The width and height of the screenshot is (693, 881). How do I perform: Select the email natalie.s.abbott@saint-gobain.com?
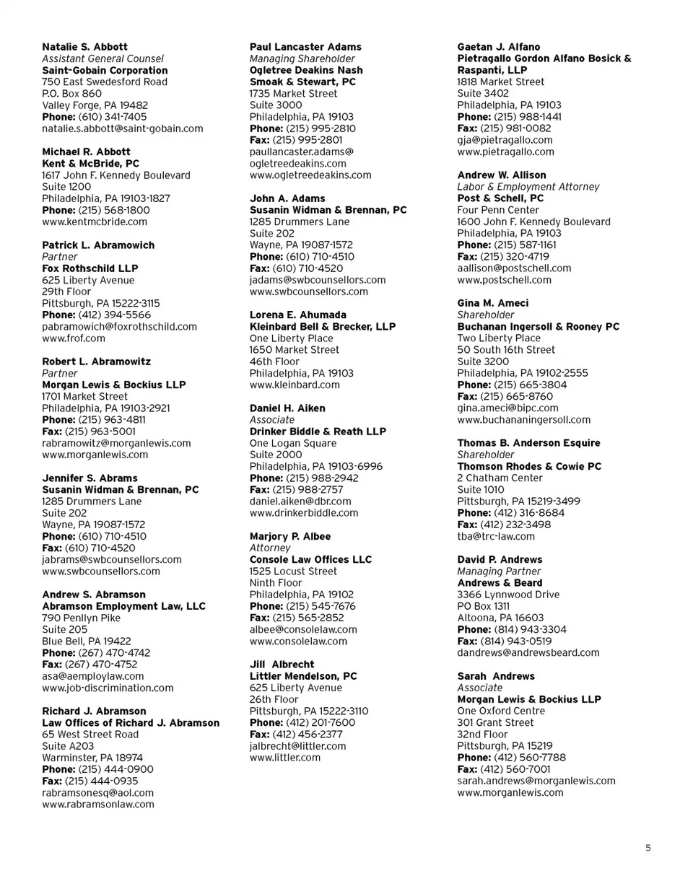click(123, 128)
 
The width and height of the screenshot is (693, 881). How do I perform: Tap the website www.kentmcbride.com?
click(95, 222)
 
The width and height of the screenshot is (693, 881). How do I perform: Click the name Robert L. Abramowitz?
click(96, 361)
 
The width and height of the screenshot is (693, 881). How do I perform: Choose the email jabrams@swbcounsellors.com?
click(112, 559)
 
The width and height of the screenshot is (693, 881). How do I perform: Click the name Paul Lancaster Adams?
click(305, 47)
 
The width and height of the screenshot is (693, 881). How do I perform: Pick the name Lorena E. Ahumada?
click(297, 315)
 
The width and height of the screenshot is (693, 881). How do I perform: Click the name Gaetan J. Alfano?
click(499, 47)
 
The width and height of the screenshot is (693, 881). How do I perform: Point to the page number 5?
click(648, 849)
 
